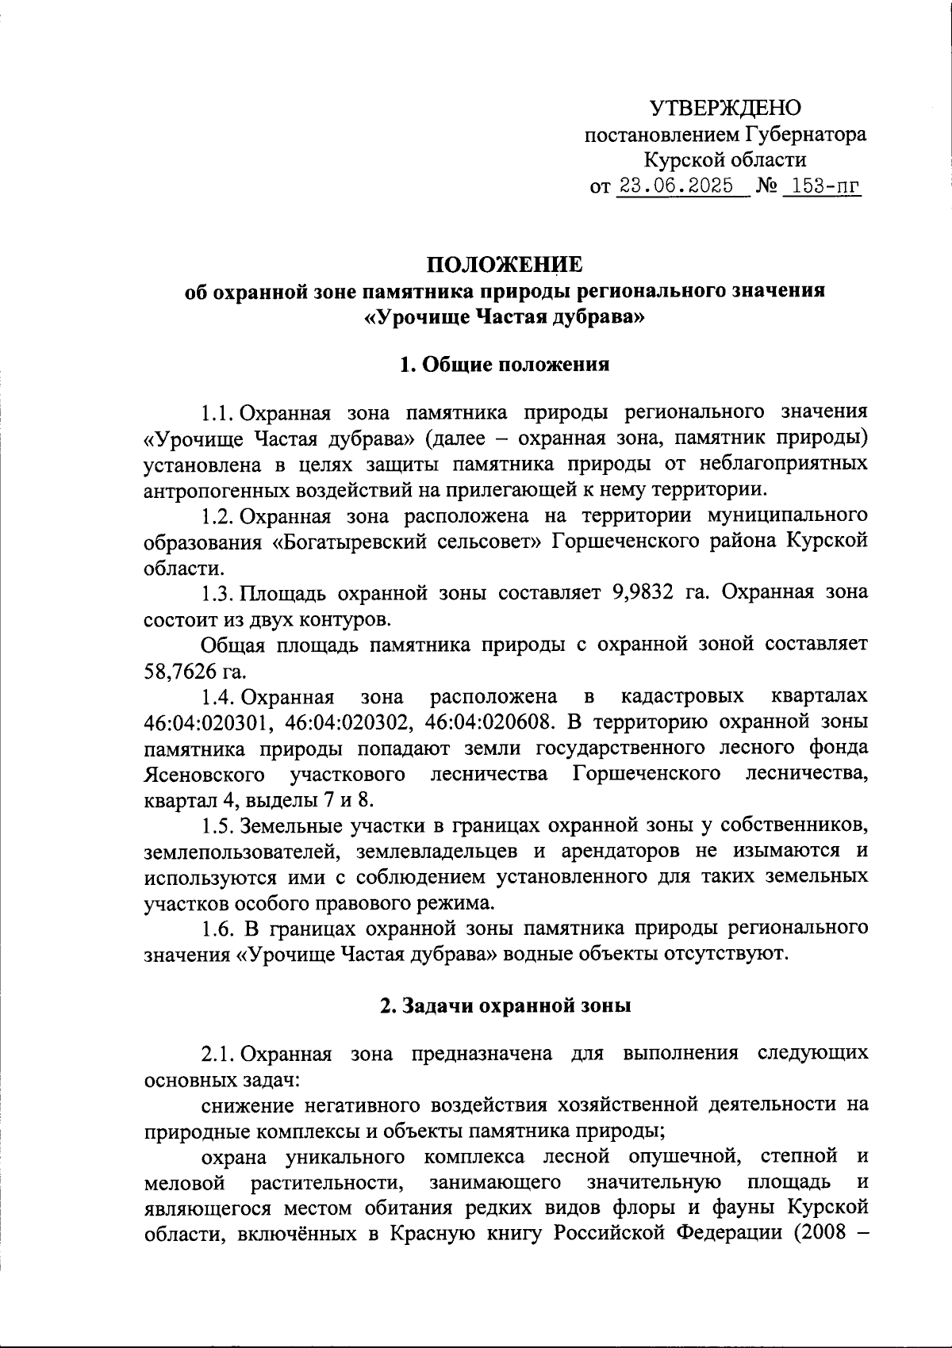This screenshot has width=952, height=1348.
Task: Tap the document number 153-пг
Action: point(821,186)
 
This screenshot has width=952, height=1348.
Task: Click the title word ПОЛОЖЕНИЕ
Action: point(505,263)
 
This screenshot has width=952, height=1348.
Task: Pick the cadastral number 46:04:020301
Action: point(209,722)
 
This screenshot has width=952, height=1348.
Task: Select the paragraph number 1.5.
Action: point(217,825)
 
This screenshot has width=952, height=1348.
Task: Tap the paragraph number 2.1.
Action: point(217,1054)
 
